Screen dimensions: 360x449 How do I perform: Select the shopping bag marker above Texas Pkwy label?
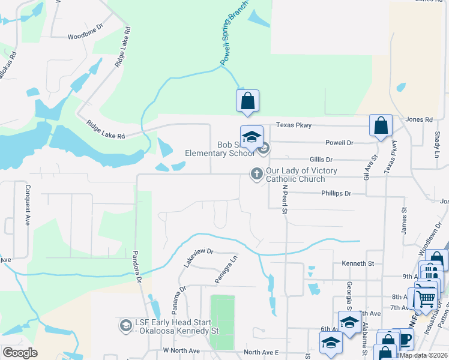(x=247, y=102)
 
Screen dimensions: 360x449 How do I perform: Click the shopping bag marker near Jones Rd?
(x=381, y=126)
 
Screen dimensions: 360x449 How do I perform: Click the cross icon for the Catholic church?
(x=256, y=174)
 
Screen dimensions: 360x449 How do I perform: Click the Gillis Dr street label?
(x=321, y=160)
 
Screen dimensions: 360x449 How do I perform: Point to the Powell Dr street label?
(x=339, y=143)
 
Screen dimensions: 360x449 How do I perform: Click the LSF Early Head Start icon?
(x=126, y=326)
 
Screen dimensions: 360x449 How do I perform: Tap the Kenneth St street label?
(x=358, y=263)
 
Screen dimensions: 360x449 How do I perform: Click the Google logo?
(x=20, y=353)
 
